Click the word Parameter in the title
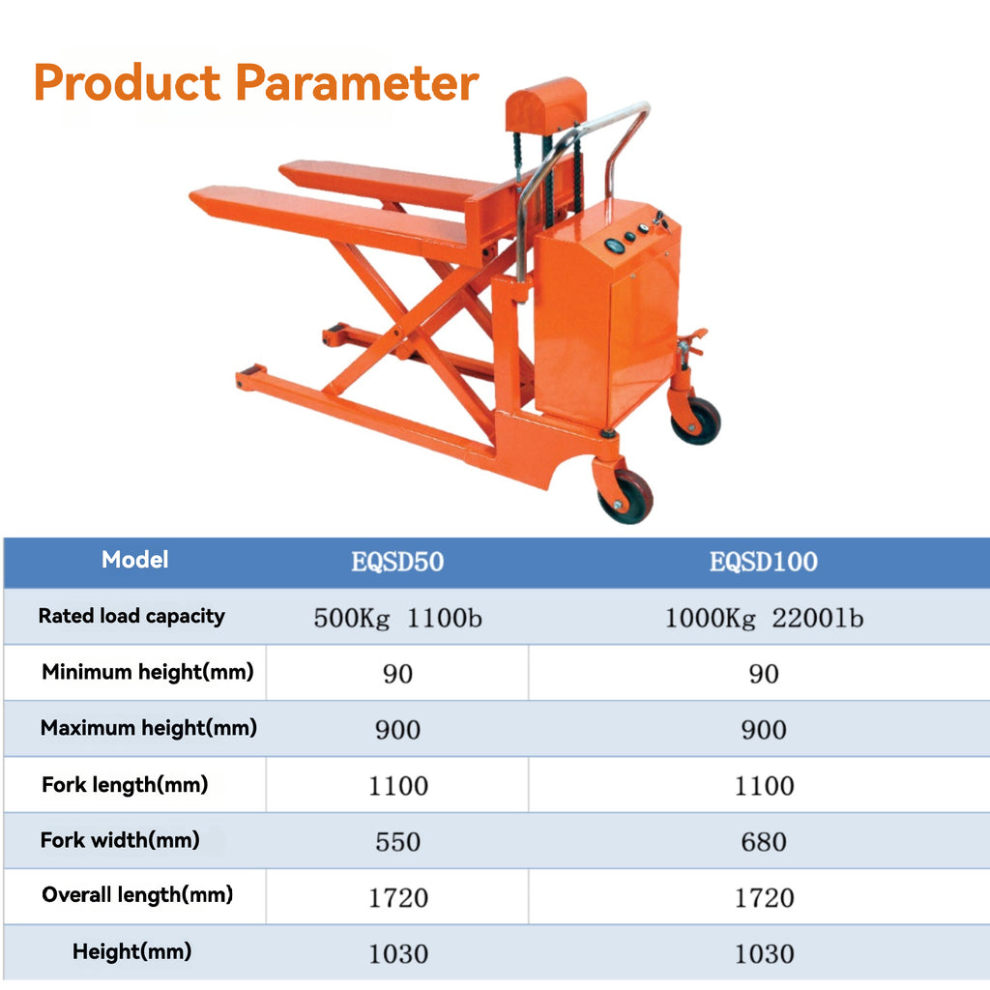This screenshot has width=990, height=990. click(x=357, y=83)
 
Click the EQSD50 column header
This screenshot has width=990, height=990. click(x=397, y=562)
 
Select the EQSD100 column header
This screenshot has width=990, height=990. click(x=763, y=562)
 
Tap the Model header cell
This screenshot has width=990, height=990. click(x=135, y=560)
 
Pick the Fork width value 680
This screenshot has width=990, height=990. click(x=763, y=842)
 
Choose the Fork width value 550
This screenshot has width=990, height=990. click(x=397, y=842)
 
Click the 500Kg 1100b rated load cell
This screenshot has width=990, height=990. click(x=397, y=618)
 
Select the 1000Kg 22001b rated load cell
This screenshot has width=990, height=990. click(x=763, y=618)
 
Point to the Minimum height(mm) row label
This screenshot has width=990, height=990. click(x=147, y=672)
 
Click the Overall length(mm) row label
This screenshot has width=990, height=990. click(x=137, y=895)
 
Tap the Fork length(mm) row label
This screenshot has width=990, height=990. click(x=125, y=785)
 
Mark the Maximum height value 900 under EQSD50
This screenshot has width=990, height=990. click(x=397, y=730)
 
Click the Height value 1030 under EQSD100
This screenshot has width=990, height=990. click(x=763, y=954)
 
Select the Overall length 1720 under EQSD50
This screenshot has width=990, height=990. click(x=397, y=898)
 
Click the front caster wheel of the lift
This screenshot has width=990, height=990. click(x=625, y=497)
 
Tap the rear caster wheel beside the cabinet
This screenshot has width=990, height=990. click(x=696, y=421)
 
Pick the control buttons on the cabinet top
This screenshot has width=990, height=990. click(x=633, y=232)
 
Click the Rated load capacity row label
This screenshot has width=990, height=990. click(x=131, y=616)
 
